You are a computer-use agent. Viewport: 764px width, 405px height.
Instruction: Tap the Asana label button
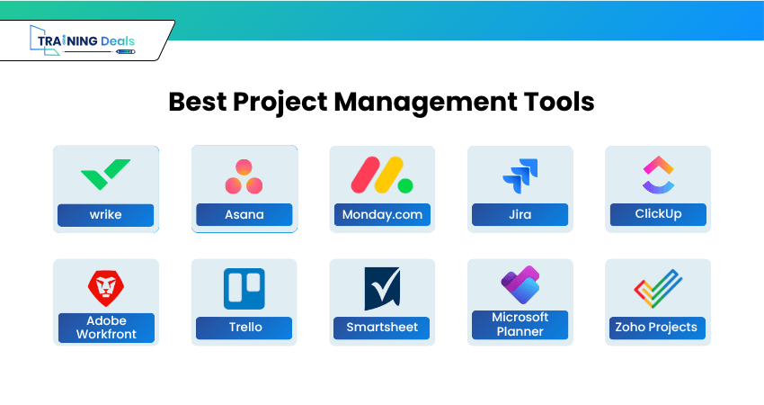244,215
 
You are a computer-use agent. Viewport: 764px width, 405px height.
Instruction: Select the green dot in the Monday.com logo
404,185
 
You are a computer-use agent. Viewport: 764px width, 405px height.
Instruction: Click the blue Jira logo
520,175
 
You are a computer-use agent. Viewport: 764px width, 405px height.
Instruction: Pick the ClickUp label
658,214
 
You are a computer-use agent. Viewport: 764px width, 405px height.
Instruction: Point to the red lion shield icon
106,288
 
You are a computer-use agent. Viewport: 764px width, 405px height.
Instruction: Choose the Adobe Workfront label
106,328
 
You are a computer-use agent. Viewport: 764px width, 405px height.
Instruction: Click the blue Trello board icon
244,288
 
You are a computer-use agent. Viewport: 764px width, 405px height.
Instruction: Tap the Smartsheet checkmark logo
383,288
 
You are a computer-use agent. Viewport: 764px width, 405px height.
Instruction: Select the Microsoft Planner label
520,325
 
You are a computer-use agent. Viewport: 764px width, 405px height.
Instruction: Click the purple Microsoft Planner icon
520,285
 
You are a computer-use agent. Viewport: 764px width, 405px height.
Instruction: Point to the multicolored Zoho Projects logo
658,288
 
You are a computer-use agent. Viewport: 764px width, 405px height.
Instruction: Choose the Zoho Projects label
657,328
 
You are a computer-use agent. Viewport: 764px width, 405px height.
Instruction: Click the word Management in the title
425,103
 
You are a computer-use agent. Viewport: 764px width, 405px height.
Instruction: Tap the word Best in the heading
198,102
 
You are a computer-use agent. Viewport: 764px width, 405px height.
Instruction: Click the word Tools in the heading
559,102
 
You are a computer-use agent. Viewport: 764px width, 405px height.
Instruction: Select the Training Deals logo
83,40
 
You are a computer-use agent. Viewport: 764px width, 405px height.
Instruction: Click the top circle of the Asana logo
244,167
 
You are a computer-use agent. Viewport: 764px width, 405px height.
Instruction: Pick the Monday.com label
382,215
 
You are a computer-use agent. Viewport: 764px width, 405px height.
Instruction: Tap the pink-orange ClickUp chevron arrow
658,165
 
